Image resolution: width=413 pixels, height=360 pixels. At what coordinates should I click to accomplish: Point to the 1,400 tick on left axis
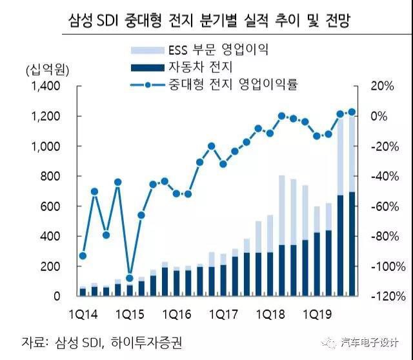click(x=44, y=86)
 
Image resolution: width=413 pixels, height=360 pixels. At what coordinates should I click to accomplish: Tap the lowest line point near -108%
click(x=129, y=278)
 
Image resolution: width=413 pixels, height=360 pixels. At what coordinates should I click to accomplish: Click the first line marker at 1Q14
click(x=83, y=255)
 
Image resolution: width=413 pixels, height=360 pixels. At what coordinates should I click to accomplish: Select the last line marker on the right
click(x=352, y=112)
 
